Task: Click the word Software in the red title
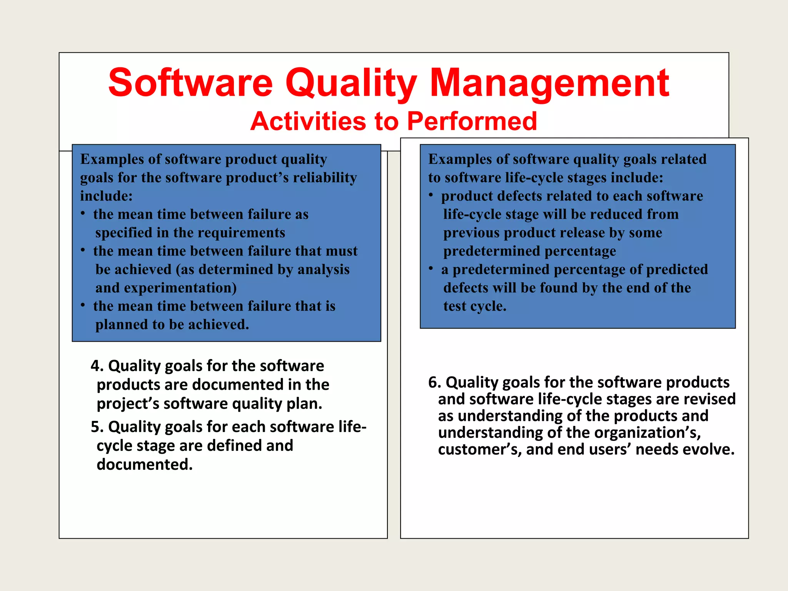pyautogui.click(x=190, y=83)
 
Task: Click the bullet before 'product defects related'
pyautogui.click(x=431, y=195)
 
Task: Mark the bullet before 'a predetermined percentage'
pyautogui.click(x=431, y=268)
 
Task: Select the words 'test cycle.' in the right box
pyautogui.click(x=474, y=306)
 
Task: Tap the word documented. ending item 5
pyautogui.click(x=144, y=464)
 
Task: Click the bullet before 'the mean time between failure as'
pyautogui.click(x=83, y=213)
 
